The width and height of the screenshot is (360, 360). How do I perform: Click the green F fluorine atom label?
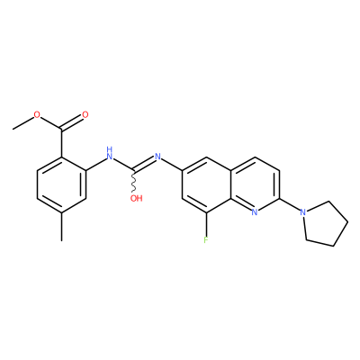(206, 240)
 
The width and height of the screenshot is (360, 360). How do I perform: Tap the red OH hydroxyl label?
(137, 198)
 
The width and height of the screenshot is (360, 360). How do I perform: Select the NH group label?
(110, 153)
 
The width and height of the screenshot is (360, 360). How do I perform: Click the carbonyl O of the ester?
(85, 114)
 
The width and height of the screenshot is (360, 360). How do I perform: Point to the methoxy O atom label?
(37, 114)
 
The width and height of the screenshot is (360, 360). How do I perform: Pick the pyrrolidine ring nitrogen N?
(303, 212)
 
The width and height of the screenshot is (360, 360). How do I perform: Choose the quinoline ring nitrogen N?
(255, 212)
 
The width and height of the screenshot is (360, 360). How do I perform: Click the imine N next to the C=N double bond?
(157, 157)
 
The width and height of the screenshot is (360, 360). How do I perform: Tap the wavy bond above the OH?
(134, 182)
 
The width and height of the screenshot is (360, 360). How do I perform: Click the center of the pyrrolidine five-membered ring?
(326, 223)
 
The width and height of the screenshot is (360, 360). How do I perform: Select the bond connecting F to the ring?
(206, 224)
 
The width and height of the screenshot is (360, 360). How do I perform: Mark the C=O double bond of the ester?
(72, 122)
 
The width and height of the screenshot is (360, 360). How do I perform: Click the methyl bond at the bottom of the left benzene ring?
(61, 227)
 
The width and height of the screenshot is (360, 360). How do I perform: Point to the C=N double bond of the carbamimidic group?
(144, 165)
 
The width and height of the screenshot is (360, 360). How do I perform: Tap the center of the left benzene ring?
(61, 184)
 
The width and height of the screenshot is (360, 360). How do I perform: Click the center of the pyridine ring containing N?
(255, 184)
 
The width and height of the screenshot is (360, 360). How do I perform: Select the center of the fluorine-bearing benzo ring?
(206, 184)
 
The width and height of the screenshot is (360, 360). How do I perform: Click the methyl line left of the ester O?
(23, 123)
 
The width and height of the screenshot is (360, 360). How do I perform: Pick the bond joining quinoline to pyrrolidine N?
(290, 204)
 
